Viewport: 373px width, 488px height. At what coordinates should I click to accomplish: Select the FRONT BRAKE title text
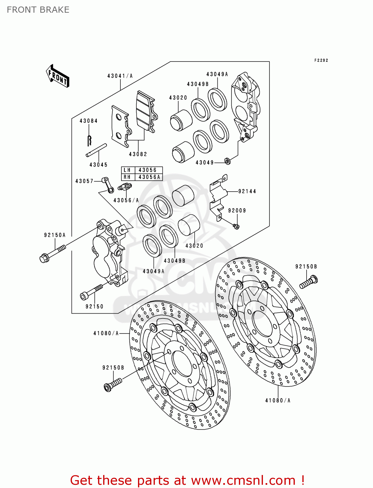(38, 10)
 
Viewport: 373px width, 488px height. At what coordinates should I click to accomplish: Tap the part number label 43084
(89, 121)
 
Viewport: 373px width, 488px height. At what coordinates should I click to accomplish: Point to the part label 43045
(98, 165)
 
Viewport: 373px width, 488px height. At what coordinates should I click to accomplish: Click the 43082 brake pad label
(138, 154)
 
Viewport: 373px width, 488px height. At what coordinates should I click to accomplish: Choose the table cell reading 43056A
(149, 177)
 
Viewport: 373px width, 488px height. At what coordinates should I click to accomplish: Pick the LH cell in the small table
(127, 170)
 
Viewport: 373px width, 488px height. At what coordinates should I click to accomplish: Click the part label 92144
(247, 191)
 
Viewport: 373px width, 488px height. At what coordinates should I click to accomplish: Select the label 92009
(237, 210)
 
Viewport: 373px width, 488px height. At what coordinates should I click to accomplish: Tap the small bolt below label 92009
(236, 226)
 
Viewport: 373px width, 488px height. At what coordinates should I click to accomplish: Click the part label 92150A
(55, 235)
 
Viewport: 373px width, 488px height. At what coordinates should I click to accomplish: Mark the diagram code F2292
(321, 60)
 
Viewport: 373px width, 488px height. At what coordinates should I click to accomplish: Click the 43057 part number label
(84, 181)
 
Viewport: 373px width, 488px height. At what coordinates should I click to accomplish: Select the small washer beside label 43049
(228, 160)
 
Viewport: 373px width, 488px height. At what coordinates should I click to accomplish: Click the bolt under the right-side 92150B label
(308, 282)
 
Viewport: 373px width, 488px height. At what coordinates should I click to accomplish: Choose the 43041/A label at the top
(120, 76)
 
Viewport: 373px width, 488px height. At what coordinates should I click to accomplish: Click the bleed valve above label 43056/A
(125, 187)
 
